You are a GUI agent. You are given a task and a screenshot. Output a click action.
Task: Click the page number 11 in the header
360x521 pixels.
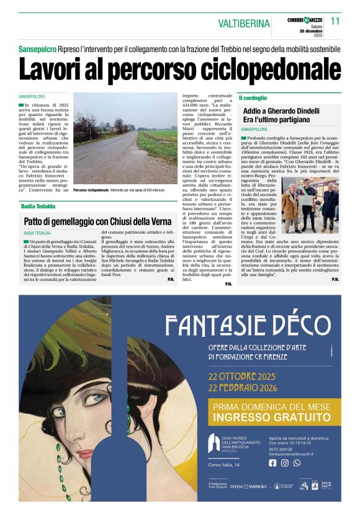click(x=335, y=22)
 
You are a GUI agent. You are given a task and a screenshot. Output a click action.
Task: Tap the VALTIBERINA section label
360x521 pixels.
click(x=244, y=24)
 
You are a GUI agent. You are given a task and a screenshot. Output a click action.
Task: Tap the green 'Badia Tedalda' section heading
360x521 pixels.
click(x=38, y=205)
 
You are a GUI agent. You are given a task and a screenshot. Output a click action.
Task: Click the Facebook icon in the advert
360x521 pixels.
click(x=272, y=463)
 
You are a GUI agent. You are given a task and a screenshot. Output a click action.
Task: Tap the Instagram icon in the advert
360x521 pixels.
click(x=285, y=463)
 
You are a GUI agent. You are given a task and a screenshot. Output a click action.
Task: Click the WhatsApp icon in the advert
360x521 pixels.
click(x=297, y=463)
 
